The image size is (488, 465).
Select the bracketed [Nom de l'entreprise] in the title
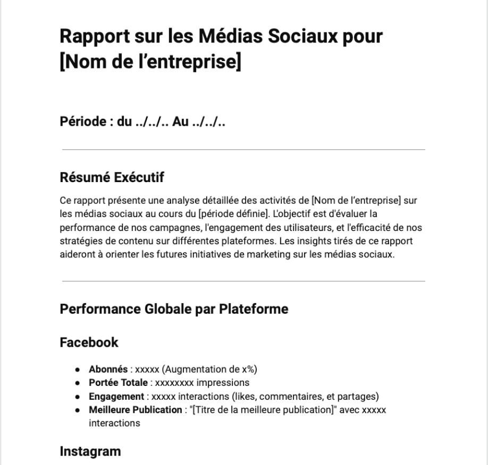coord(150,62)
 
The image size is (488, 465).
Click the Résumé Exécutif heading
coord(112,178)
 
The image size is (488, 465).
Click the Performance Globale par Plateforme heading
coord(174,309)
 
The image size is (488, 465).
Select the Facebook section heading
coord(89,342)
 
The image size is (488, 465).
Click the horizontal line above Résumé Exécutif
coord(243,150)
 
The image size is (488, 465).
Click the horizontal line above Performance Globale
coord(243,281)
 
